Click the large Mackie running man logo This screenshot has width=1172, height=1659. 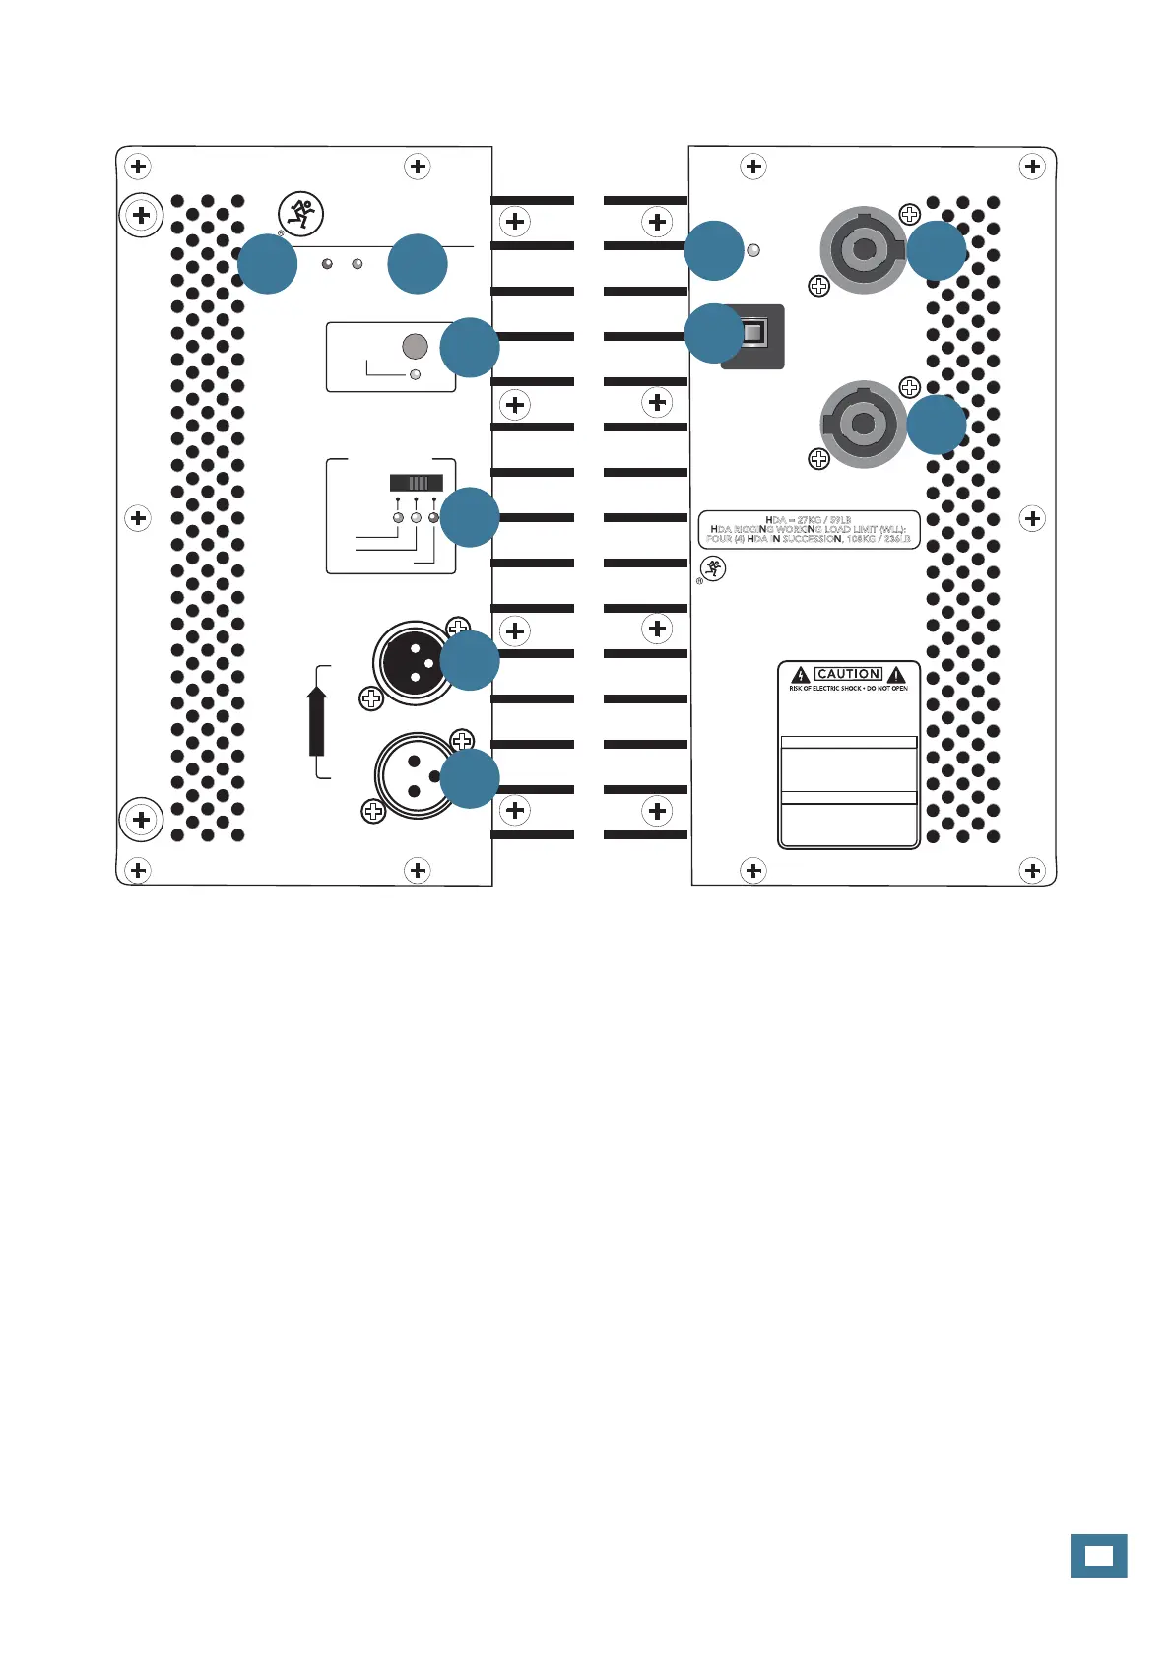(300, 214)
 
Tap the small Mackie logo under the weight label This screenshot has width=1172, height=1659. (713, 568)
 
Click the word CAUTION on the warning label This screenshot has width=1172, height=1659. (848, 674)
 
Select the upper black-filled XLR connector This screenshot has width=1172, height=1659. (414, 662)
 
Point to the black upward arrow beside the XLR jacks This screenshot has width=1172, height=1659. (316, 720)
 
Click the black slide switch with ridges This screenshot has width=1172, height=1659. (417, 483)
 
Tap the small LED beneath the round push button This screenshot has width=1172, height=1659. (415, 374)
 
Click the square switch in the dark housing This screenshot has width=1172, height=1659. (753, 334)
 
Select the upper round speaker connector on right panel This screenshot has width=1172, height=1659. (863, 250)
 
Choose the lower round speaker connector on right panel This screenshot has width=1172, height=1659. (863, 425)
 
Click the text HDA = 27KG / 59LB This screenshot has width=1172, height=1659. (808, 519)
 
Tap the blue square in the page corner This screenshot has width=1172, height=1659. (1098, 1556)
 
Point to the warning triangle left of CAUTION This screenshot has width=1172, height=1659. (801, 675)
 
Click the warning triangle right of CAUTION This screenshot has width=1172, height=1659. (896, 675)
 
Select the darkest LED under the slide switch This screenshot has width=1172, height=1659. (433, 517)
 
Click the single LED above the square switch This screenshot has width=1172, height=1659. (754, 250)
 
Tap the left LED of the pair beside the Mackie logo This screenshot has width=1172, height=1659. (327, 264)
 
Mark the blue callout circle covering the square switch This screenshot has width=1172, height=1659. (714, 333)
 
